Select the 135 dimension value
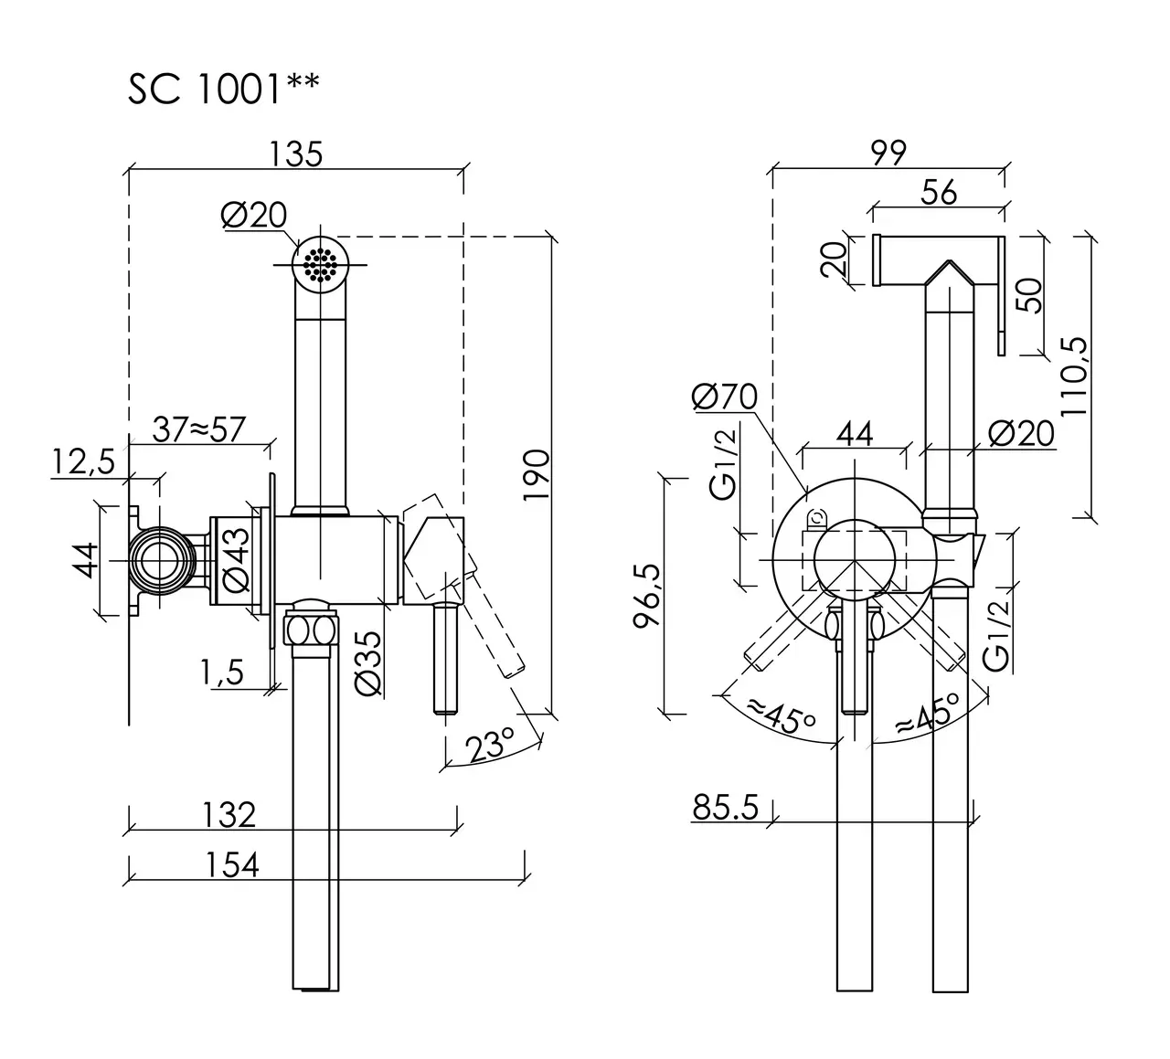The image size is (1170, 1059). tap(298, 154)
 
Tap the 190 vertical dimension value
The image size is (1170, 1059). tap(537, 472)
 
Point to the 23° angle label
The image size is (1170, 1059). tap(489, 744)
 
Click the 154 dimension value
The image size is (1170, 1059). tap(232, 863)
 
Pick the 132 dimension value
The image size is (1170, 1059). tap(229, 813)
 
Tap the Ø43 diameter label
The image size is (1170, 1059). tap(236, 559)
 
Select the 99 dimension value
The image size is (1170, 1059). tap(888, 154)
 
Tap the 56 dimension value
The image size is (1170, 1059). tap(939, 192)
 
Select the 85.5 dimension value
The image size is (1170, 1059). tap(726, 808)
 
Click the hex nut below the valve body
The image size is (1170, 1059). tap(312, 630)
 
